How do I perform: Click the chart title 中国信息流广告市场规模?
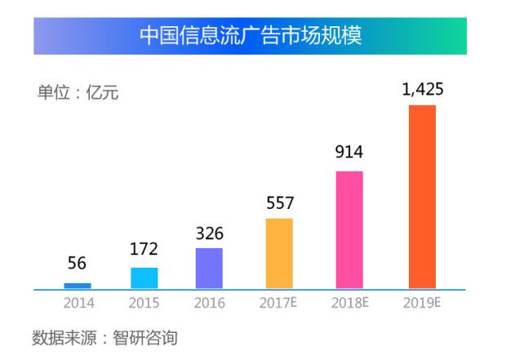pyautogui.click(x=250, y=36)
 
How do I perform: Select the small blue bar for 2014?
pyautogui.click(x=78, y=286)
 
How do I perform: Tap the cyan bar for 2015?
pyautogui.click(x=144, y=278)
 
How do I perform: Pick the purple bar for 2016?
pyautogui.click(x=210, y=269)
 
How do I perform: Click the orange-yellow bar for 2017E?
pyautogui.click(x=279, y=253)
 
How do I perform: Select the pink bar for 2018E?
pyautogui.click(x=349, y=229)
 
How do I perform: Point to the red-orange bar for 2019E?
pyautogui.click(x=422, y=197)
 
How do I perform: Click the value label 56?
pyautogui.click(x=78, y=264)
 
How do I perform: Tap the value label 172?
pyautogui.click(x=144, y=248)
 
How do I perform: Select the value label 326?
pyautogui.click(x=210, y=233)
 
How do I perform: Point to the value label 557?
pyautogui.click(x=279, y=202)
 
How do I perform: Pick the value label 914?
pyautogui.click(x=349, y=153)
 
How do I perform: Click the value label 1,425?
pyautogui.click(x=423, y=89)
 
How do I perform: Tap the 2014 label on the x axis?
pyautogui.click(x=79, y=304)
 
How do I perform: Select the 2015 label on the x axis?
pyautogui.click(x=144, y=304)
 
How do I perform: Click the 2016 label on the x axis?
pyautogui.click(x=210, y=304)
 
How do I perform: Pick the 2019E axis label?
pyautogui.click(x=422, y=304)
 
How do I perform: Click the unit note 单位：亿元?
pyautogui.click(x=78, y=93)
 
